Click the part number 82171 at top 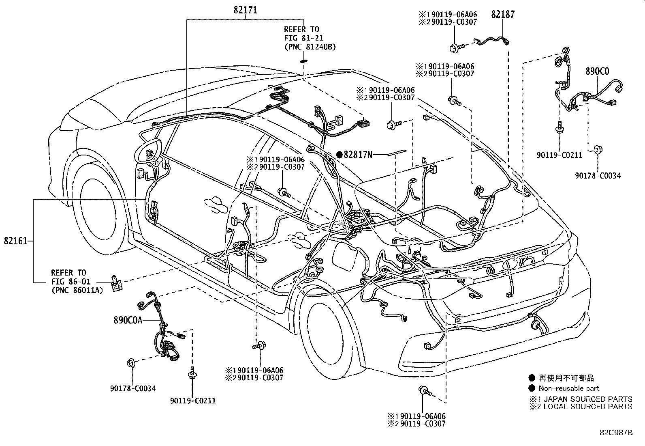(x=245, y=10)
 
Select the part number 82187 (x=503, y=15)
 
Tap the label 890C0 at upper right (x=597, y=72)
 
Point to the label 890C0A (x=128, y=320)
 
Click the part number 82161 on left (x=15, y=241)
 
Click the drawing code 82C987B (x=616, y=433)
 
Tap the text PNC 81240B (x=310, y=47)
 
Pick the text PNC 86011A (x=77, y=290)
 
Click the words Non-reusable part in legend (x=569, y=388)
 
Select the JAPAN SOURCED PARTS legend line (x=581, y=399)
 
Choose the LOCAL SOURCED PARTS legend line (x=581, y=406)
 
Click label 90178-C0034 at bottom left (x=133, y=388)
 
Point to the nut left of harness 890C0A (x=131, y=362)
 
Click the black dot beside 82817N (x=340, y=154)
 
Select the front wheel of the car (x=100, y=213)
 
